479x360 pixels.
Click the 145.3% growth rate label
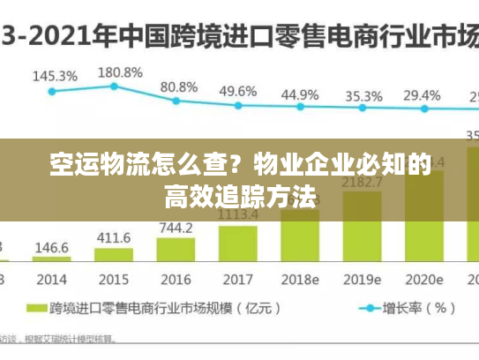[55, 77]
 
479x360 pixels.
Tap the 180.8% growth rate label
[119, 71]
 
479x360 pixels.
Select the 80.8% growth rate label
[179, 86]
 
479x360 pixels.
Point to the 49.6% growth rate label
[238, 91]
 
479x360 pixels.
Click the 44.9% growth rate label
[300, 94]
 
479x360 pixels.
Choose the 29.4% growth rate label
[422, 94]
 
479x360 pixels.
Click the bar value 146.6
[52, 248]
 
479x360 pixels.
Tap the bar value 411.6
[113, 237]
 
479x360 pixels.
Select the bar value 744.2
[176, 228]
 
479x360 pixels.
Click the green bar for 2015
[113, 255]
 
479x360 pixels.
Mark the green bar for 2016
[176, 249]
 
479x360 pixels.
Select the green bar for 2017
[237, 243]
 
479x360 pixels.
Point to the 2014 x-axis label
[52, 279]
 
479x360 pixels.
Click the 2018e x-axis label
[300, 279]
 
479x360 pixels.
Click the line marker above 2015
[114, 86]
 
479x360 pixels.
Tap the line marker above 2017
[237, 105]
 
